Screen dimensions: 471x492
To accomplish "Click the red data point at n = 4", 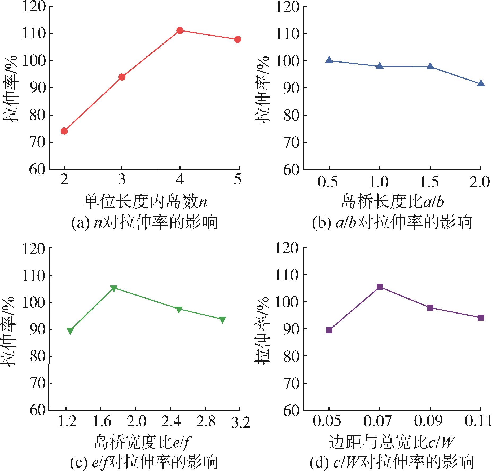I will (180, 30).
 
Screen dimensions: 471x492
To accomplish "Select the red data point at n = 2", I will (64, 131).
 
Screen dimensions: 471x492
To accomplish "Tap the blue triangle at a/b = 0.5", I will (329, 60).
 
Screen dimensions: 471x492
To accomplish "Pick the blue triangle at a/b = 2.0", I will (481, 84).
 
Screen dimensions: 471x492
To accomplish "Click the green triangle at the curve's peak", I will (114, 288).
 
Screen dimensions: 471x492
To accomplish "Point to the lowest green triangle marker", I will (70, 331).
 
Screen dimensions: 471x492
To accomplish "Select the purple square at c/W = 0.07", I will (380, 287).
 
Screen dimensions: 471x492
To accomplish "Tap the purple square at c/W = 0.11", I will (481, 318).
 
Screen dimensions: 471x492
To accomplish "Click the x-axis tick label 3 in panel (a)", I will (122, 180).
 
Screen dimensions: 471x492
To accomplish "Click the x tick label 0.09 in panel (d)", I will (430, 421).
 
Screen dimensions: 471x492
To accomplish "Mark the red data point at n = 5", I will (238, 39).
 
